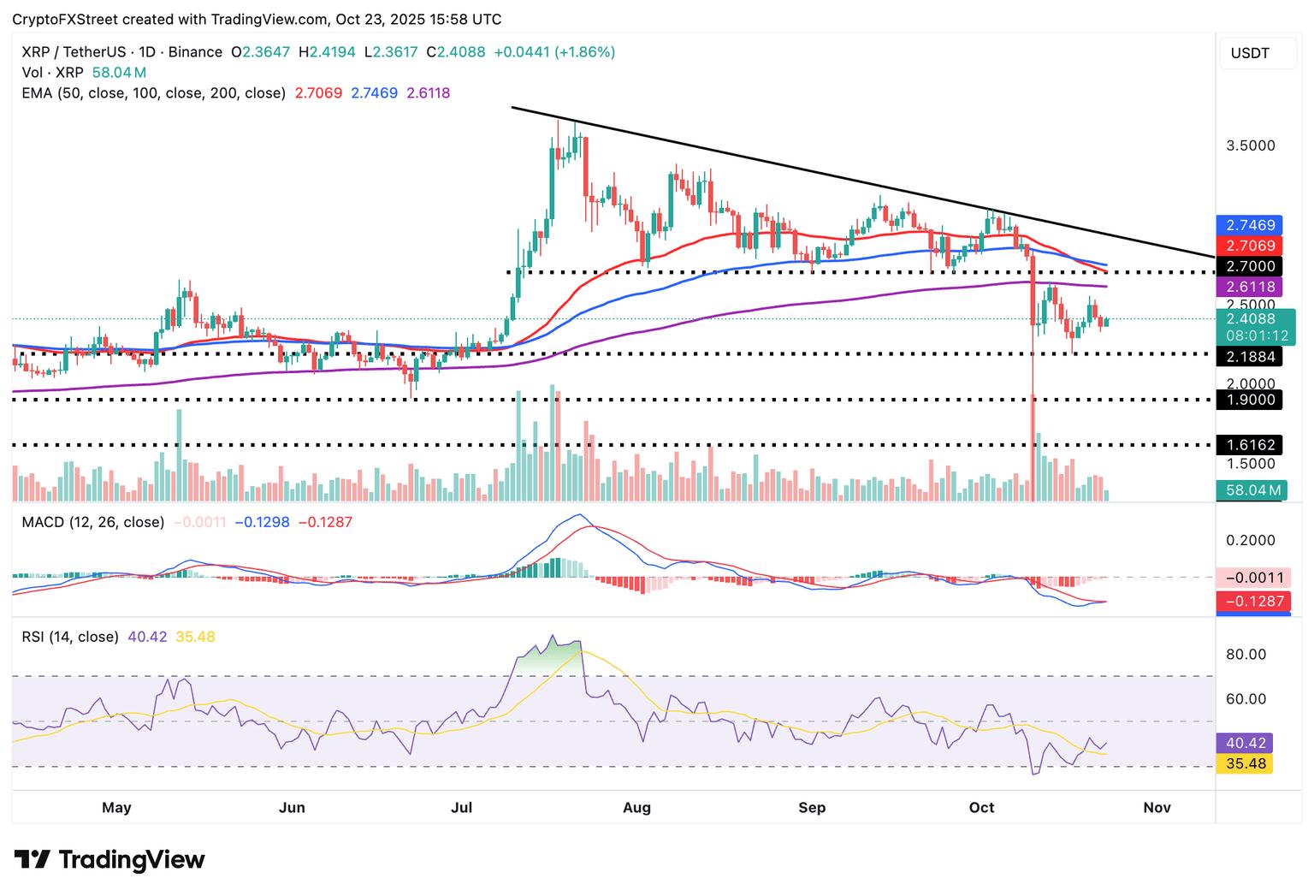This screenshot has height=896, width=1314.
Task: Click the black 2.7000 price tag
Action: click(1249, 266)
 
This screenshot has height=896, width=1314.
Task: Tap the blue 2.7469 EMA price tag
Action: click(1249, 225)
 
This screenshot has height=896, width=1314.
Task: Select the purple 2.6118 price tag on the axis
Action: click(1249, 287)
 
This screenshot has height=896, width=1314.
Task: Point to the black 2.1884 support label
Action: click(1249, 356)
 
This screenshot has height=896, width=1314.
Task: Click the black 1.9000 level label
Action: click(1249, 400)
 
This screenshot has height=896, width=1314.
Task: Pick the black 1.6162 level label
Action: click(1249, 445)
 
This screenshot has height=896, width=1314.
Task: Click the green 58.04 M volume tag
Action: click(1249, 490)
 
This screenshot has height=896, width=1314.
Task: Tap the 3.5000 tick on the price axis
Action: click(1250, 145)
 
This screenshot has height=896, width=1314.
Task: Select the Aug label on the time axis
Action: click(637, 807)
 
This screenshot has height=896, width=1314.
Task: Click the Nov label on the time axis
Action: click(1157, 807)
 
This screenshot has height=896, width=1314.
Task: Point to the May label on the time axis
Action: click(116, 807)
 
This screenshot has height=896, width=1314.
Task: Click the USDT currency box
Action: click(1250, 53)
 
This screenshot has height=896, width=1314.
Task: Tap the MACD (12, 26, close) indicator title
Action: click(93, 522)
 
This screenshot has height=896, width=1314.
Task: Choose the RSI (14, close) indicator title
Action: click(70, 637)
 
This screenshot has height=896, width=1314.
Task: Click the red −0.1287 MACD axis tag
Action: click(1254, 602)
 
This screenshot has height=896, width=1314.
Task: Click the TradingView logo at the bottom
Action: click(109, 859)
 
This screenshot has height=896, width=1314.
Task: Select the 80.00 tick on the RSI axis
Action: click(1246, 655)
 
